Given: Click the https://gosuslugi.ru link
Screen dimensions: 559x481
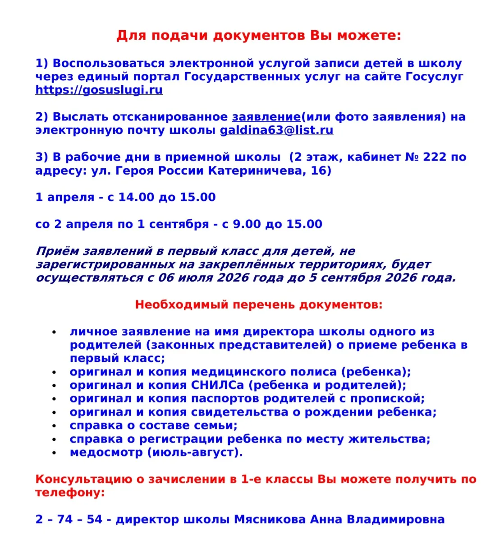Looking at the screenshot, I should pyautogui.click(x=99, y=90).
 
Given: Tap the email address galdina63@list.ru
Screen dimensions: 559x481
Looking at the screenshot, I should pyautogui.click(x=276, y=130).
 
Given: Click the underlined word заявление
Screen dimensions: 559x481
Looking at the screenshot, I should pyautogui.click(x=266, y=117).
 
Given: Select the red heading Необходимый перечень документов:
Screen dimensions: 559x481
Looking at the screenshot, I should pyautogui.click(x=258, y=305).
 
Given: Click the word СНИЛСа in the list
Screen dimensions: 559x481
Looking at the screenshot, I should pyautogui.click(x=217, y=385).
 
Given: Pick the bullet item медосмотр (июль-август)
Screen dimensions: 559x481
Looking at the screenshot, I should pyautogui.click(x=156, y=453).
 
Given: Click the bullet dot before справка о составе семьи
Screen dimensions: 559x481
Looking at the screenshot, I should pyautogui.click(x=54, y=426).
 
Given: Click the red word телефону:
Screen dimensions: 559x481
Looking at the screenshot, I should pyautogui.click(x=70, y=492).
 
